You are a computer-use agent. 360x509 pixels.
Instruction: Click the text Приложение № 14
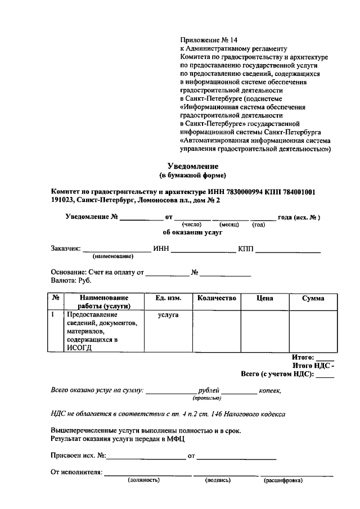coord(209,40)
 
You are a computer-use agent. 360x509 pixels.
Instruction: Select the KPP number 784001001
coord(295,192)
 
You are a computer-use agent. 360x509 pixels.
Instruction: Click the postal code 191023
coord(63,200)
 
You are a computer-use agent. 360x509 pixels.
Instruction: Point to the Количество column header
coord(217,298)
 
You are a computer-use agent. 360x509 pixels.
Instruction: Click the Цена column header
coord(264,298)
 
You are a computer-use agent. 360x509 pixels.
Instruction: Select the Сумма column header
coord(312,298)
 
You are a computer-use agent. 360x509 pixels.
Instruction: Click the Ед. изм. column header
coord(168,298)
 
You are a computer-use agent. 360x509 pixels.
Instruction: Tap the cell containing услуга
coord(168,315)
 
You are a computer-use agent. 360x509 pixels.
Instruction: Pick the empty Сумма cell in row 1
coord(312,331)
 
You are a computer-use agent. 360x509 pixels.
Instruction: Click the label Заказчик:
coord(65,248)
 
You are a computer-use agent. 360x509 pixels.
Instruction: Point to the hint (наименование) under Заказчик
coord(112,256)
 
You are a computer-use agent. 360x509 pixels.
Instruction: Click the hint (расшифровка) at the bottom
coord(283,480)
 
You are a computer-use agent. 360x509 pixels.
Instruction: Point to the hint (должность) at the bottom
coord(143,480)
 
